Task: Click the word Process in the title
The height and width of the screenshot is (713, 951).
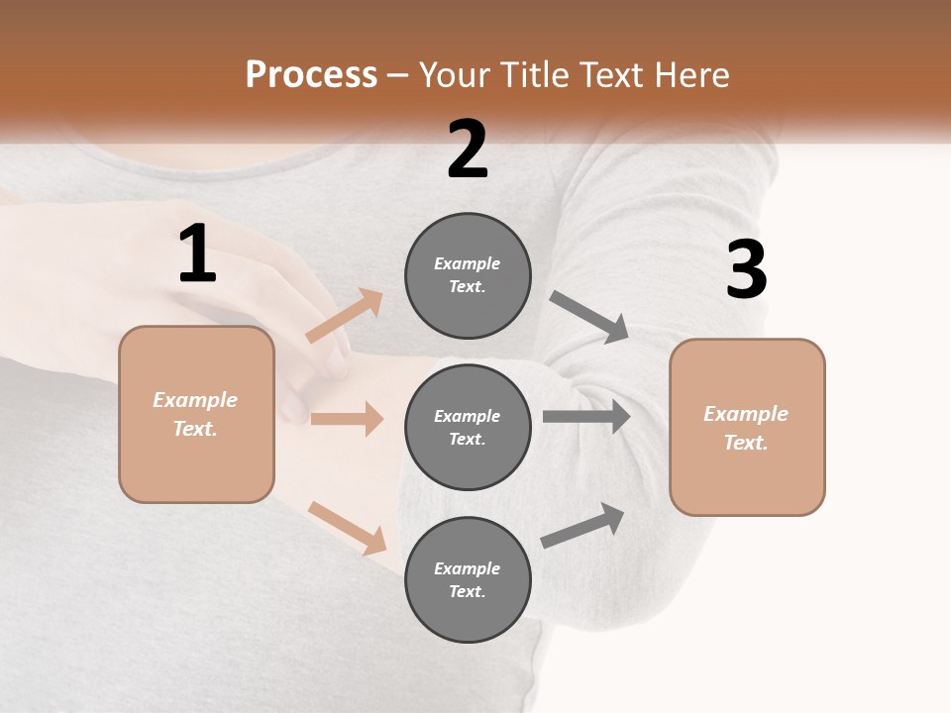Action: [311, 75]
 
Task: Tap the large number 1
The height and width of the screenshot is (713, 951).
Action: [197, 255]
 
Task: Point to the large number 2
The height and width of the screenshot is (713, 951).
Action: [468, 150]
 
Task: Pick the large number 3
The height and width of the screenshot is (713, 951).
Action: [746, 270]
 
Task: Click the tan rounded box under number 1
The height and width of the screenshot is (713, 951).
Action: [196, 414]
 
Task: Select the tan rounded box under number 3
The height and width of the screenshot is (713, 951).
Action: [747, 428]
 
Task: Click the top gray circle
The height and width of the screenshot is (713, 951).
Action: [468, 275]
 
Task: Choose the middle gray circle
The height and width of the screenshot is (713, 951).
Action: [468, 428]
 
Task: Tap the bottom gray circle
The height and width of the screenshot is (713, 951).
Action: [468, 580]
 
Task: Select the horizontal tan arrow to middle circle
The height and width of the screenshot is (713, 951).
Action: [347, 419]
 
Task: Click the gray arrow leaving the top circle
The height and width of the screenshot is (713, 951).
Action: [588, 317]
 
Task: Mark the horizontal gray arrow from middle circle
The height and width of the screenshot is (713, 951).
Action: [586, 416]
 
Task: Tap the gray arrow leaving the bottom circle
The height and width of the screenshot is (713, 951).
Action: [582, 525]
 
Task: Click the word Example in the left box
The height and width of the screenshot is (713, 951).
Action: [195, 400]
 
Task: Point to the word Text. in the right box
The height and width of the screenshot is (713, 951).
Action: [746, 443]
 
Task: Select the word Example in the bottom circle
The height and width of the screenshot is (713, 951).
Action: [467, 568]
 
